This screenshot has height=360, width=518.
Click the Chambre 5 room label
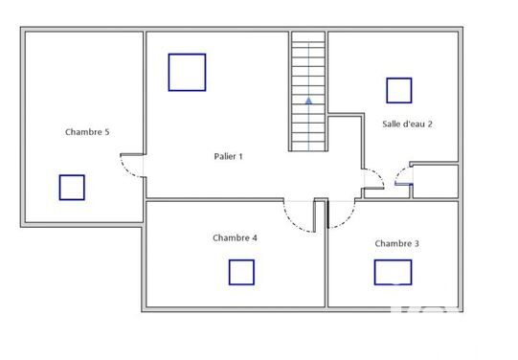pyautogui.click(x=87, y=132)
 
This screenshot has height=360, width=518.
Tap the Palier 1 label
pyautogui.click(x=228, y=156)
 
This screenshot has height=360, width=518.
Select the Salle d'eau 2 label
pyautogui.click(x=407, y=124)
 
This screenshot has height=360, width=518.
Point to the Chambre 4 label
pyautogui.click(x=235, y=237)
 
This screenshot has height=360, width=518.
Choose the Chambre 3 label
pyautogui.click(x=396, y=243)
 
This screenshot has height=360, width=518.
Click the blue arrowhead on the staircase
pyautogui.click(x=308, y=101)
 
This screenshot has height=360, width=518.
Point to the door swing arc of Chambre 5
pyautogui.click(x=124, y=170)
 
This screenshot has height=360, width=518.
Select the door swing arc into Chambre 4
pyautogui.click(x=292, y=222)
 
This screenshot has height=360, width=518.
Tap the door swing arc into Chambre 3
pyautogui.click(x=347, y=220)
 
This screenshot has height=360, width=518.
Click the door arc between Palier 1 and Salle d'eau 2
pyautogui.click(x=378, y=174)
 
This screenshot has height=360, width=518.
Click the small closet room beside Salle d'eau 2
pyautogui.click(x=436, y=181)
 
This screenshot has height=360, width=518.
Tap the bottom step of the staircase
pyautogui.click(x=308, y=146)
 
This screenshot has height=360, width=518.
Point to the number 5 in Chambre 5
pyautogui.click(x=106, y=132)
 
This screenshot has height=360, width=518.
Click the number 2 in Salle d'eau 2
pyautogui.click(x=430, y=124)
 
